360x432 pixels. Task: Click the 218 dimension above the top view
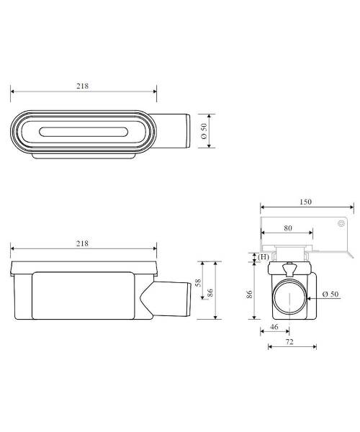(x=82, y=86)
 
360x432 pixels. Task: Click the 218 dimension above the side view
(x=82, y=243)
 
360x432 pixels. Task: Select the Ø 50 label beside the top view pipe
(x=204, y=131)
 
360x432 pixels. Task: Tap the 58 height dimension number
(x=198, y=283)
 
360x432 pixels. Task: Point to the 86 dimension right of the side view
(x=210, y=292)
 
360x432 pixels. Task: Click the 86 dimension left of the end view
(x=249, y=294)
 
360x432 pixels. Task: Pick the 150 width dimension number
(x=305, y=202)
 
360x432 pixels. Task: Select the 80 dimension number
(x=288, y=228)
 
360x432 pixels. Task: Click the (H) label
(x=264, y=257)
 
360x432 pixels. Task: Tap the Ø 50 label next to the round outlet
(x=330, y=294)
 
